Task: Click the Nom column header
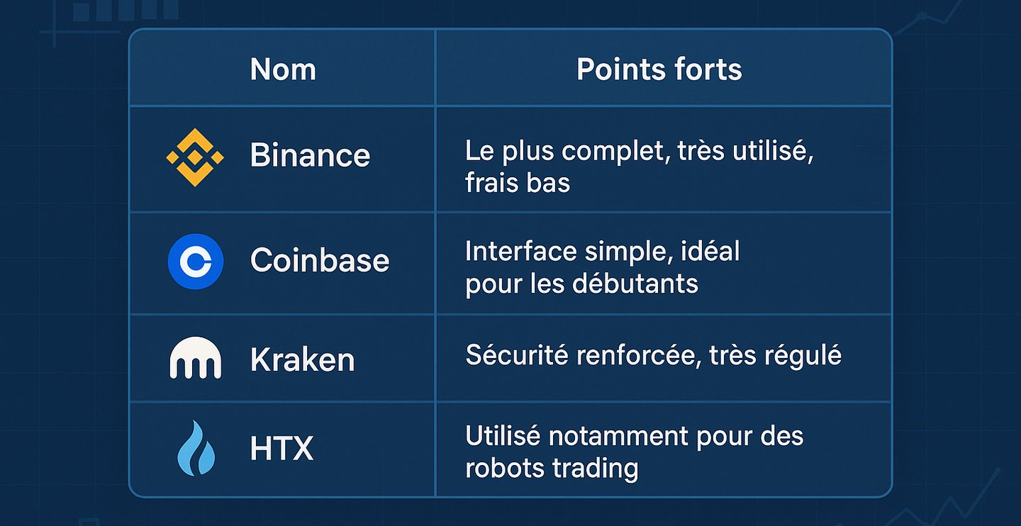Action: coord(283,69)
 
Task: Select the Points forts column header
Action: coord(659,69)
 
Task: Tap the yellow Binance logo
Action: coord(195,157)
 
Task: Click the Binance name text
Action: coord(310,155)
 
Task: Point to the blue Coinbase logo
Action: coord(196,262)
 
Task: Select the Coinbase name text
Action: coord(320,260)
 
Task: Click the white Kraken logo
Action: coord(196,358)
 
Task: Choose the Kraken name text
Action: coord(303,359)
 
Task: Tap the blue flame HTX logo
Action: coord(196,448)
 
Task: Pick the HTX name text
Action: coord(281,448)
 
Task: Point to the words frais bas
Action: coord(518,182)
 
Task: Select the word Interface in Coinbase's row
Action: coord(521,251)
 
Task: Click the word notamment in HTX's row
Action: coord(619,436)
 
